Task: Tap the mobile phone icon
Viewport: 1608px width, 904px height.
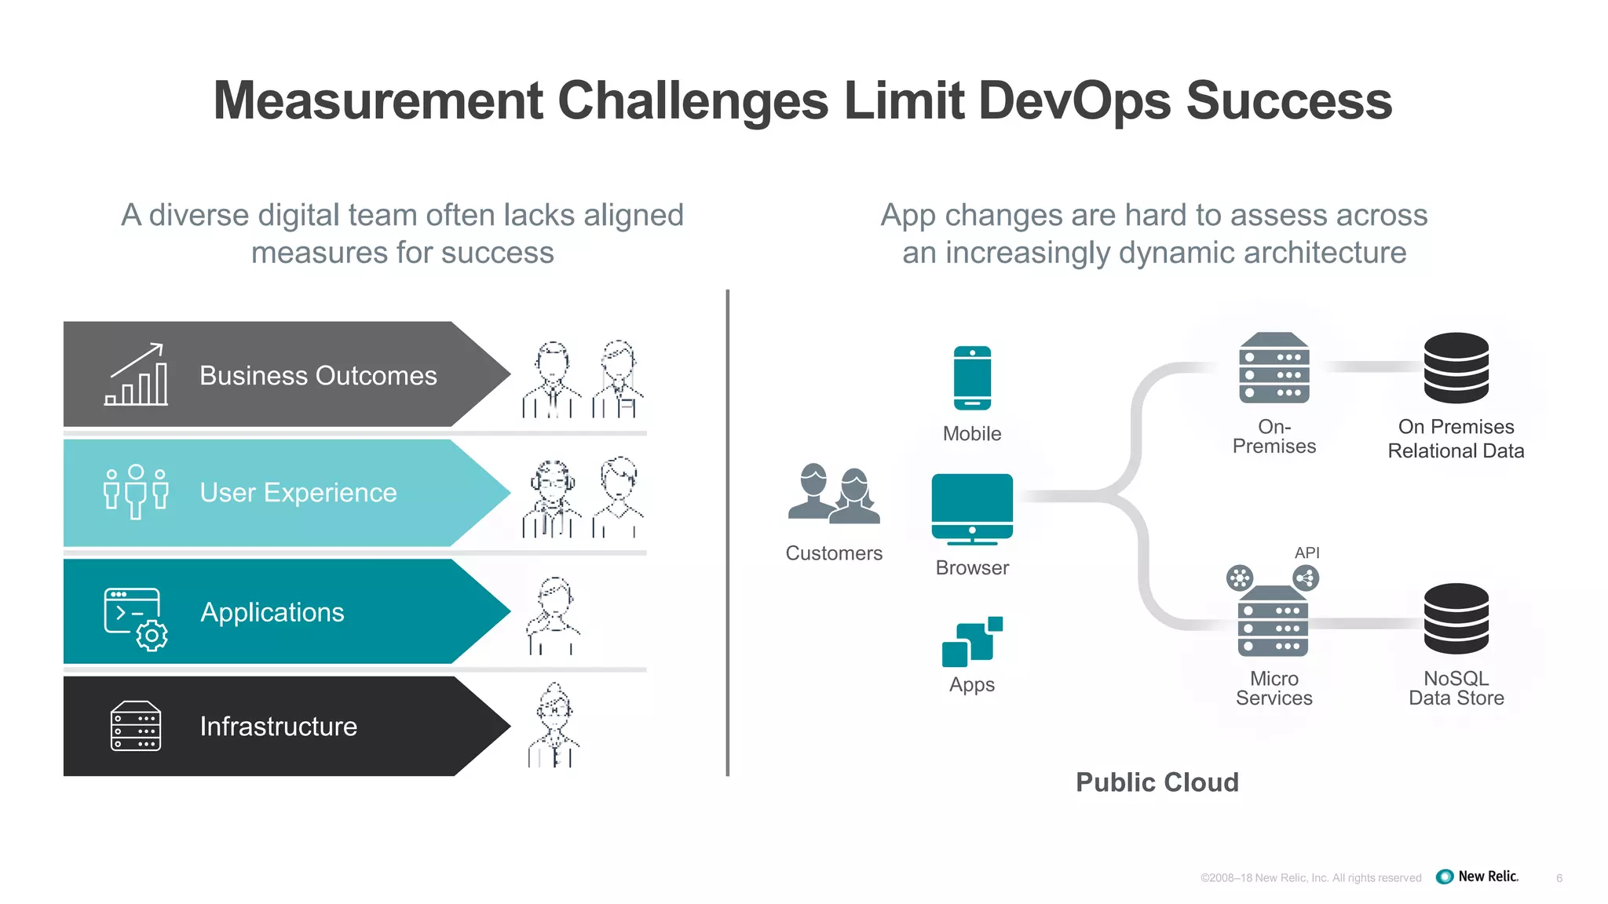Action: point(972,378)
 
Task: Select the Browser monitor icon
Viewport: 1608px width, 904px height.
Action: point(972,508)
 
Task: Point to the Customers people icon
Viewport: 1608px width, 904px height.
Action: point(834,494)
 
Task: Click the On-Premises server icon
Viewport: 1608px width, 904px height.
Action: point(1274,368)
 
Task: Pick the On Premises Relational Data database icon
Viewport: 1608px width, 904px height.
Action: point(1456,368)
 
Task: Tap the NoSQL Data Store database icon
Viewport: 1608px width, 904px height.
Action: point(1456,619)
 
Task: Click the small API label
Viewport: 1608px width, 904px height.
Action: point(1306,552)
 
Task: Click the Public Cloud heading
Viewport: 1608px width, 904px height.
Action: point(1157,782)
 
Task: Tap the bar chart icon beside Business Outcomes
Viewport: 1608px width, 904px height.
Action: point(137,375)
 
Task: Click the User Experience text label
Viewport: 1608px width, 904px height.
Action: point(298,493)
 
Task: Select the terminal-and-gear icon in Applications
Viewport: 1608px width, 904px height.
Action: point(136,619)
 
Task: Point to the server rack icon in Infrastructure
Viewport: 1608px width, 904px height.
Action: point(136,726)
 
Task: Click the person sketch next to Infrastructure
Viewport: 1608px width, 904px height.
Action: point(554,726)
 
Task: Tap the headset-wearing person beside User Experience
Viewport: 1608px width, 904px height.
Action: point(552,499)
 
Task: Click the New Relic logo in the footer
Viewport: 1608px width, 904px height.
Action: point(1477,877)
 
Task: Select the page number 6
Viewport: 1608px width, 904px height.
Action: point(1559,878)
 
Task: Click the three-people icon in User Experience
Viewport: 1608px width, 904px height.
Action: point(136,491)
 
